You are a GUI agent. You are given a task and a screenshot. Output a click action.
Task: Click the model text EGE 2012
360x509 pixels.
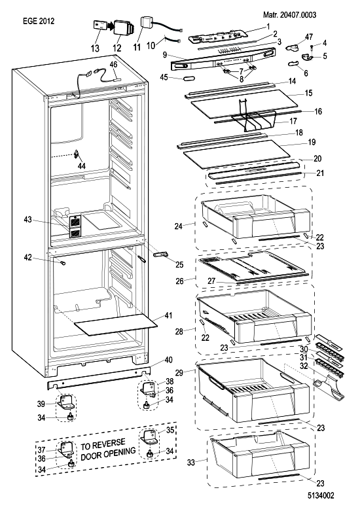click(x=39, y=21)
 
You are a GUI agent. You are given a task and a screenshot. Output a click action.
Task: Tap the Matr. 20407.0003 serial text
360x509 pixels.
click(x=290, y=14)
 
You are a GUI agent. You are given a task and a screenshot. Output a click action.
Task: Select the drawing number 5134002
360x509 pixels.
click(x=321, y=495)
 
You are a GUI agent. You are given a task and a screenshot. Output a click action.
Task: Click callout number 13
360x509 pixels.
click(x=95, y=48)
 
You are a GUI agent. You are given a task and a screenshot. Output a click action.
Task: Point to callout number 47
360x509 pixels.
click(x=309, y=37)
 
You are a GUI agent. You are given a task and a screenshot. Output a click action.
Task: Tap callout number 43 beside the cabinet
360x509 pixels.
click(x=28, y=220)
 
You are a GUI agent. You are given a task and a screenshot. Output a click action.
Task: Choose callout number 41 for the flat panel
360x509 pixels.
click(x=168, y=315)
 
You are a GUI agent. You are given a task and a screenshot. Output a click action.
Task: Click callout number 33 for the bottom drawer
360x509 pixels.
click(x=190, y=462)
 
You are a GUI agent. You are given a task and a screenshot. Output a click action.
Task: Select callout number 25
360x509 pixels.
click(x=179, y=264)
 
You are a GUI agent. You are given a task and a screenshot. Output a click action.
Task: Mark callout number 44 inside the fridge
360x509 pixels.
click(x=82, y=166)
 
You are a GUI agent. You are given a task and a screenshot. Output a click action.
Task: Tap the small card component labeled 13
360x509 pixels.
click(x=100, y=26)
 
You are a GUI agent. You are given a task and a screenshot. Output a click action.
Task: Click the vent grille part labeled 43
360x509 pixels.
click(x=75, y=226)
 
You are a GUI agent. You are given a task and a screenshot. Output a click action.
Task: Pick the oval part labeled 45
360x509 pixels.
click(x=189, y=79)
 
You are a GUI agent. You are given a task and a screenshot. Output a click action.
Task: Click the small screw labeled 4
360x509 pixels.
click(x=312, y=47)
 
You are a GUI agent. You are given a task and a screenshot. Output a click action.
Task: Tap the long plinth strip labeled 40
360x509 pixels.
click(x=99, y=377)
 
